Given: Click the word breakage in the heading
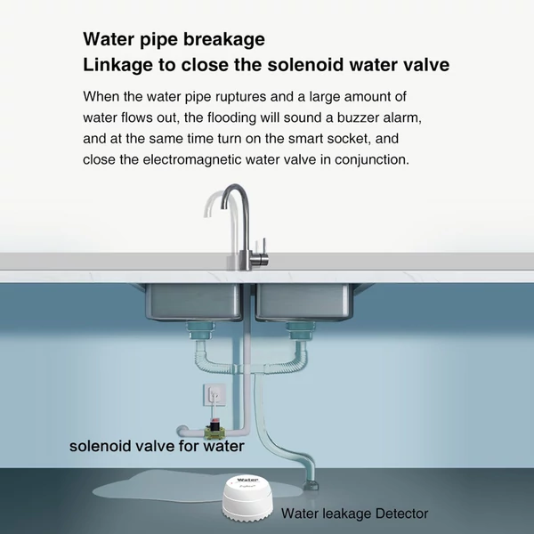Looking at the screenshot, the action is pos(224,39).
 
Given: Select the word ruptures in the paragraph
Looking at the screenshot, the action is pos(240,97).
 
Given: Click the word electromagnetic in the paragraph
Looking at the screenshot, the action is pos(191,159).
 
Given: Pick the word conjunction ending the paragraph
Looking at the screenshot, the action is pos(371,159).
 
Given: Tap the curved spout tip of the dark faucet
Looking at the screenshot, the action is pos(223,205).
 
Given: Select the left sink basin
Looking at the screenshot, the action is pos(193,302).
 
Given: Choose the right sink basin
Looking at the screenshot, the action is pos(303,302).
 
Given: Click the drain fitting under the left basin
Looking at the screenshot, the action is pos(199,331).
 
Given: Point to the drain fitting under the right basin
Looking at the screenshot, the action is pos(300,331).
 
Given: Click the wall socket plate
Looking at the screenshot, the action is pos(214,394).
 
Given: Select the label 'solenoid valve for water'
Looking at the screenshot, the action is pos(157,447).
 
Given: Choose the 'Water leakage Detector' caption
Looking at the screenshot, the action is pos(354,514).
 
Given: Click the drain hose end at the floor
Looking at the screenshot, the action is pos(311,484).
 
